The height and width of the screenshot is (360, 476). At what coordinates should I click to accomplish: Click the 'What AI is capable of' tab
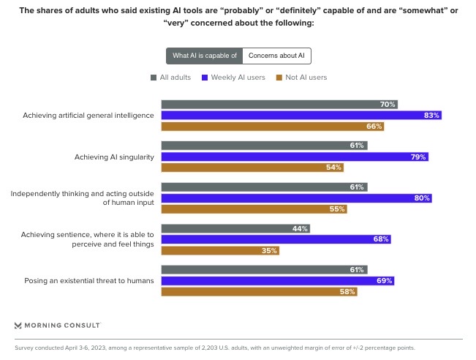click(204, 56)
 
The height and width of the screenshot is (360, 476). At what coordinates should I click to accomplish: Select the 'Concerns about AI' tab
click(276, 56)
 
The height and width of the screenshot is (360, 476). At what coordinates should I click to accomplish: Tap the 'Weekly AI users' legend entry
click(233, 77)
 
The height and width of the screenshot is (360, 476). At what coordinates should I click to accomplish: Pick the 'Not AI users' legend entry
click(301, 77)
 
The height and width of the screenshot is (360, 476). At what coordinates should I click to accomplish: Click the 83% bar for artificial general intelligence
click(301, 115)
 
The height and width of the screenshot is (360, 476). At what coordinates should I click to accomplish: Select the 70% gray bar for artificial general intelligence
click(279, 105)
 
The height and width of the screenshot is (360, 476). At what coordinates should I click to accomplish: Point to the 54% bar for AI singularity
click(252, 167)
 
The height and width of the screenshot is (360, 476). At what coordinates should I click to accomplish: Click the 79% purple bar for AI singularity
click(295, 157)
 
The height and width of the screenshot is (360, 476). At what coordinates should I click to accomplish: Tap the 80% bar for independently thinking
click(296, 198)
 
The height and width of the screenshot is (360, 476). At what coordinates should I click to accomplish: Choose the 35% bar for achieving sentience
click(220, 250)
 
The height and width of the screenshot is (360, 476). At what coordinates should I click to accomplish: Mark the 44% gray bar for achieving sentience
click(235, 228)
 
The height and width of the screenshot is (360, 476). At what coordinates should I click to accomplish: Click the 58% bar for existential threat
click(259, 291)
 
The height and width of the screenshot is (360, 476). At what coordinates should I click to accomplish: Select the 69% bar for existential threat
click(278, 280)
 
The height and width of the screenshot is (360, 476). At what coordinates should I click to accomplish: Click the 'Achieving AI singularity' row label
click(114, 157)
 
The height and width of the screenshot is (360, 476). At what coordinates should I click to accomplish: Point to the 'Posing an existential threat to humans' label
click(89, 280)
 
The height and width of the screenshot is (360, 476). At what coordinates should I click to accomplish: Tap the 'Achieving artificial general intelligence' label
click(88, 115)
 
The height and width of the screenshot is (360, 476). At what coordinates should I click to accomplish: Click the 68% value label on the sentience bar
click(381, 239)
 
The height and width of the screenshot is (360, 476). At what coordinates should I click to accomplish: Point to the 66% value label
click(374, 126)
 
